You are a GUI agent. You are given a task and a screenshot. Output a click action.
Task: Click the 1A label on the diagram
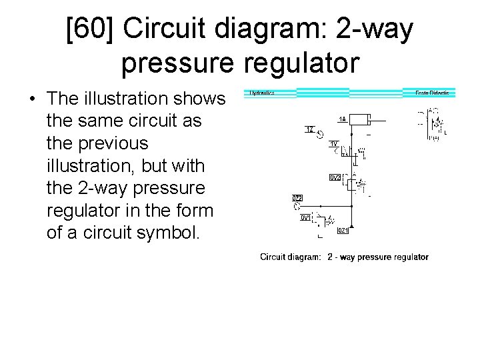coord(342,119)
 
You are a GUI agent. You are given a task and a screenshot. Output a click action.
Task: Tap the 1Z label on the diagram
coord(310,129)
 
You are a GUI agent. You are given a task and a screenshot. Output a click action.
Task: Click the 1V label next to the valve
coord(334,143)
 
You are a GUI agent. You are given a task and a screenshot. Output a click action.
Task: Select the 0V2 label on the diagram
coord(335,177)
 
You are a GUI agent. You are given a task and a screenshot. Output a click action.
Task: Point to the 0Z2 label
coord(297,198)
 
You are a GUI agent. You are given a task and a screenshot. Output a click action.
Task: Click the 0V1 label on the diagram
coord(305,217)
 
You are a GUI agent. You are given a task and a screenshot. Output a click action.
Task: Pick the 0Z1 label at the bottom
coord(342,231)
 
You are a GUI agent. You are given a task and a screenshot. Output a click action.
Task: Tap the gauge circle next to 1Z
coord(320,135)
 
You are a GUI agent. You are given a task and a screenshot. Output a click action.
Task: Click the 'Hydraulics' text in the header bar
coord(262,93)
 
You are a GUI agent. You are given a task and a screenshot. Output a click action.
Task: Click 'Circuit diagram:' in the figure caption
coord(291,257)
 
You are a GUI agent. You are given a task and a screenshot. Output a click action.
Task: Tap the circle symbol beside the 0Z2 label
coord(298,206)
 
